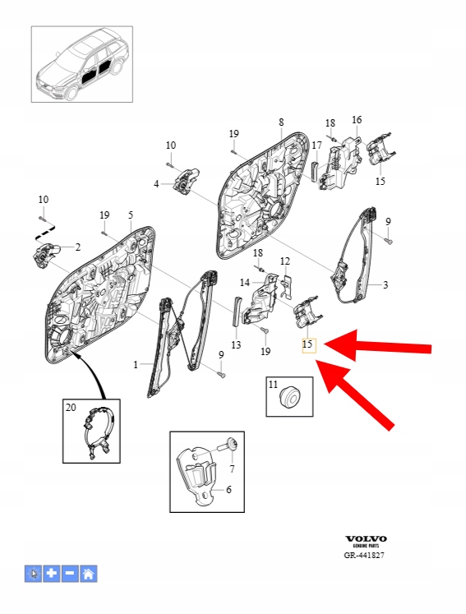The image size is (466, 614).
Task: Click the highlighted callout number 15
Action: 308,344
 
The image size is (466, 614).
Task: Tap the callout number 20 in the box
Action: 71,408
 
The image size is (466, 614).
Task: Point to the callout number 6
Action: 228,490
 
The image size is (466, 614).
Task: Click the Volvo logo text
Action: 366,539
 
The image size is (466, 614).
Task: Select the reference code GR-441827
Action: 364,556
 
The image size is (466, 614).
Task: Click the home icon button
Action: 89,574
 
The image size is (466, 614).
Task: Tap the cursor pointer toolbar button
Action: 33,574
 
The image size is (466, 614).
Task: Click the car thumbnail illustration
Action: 82,64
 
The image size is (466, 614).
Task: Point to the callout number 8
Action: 281,122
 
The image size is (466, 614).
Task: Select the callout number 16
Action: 357,120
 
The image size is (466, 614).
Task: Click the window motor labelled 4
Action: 185,181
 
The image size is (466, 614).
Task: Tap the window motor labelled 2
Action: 46,253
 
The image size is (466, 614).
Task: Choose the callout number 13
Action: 236,345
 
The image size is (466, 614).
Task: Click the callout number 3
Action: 385,284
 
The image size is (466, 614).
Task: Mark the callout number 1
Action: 136,365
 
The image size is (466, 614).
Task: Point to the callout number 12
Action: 285,261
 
